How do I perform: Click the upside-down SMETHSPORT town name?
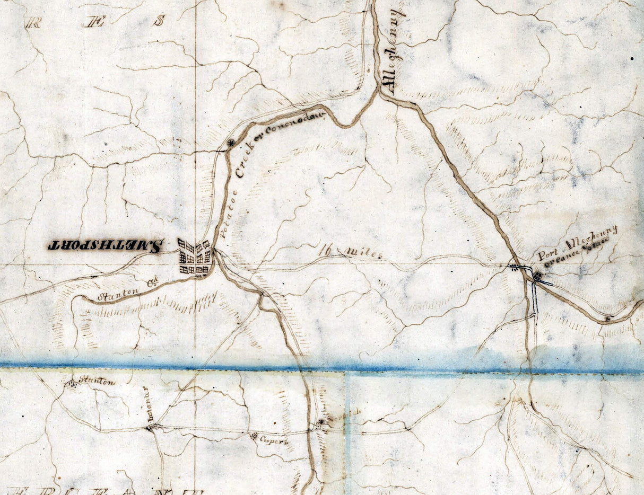pos(105,245)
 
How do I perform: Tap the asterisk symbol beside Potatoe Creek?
pos(230,143)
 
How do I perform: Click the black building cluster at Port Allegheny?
pos(537,276)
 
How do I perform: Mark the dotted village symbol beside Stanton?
pos(72,384)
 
